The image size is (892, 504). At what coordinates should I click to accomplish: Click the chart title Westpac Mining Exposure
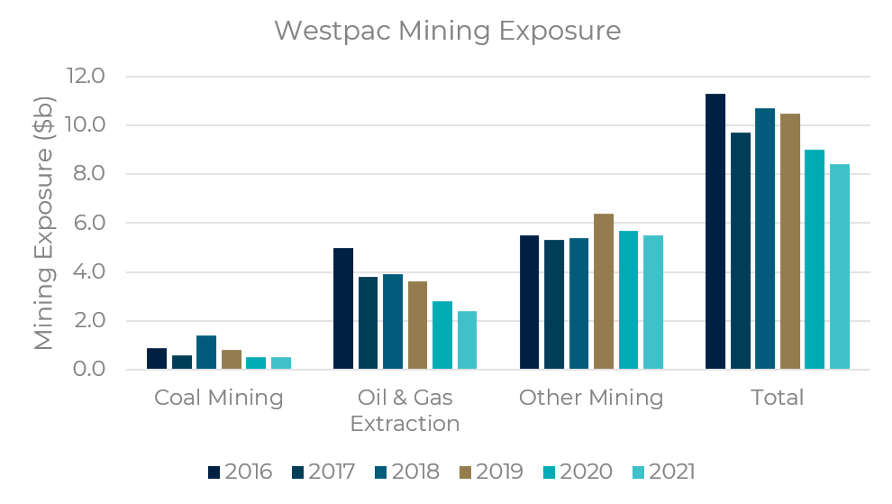448,31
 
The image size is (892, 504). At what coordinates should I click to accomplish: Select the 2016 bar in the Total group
715,232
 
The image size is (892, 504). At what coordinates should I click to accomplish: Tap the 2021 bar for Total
840,267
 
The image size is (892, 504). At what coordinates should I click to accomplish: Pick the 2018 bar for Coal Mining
206,353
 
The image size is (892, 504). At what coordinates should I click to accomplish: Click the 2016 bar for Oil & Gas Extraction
343,308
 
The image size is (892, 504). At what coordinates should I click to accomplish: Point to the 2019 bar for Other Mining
604,291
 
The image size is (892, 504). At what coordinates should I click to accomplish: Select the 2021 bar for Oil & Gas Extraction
467,340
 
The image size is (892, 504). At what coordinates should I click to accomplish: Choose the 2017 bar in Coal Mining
182,362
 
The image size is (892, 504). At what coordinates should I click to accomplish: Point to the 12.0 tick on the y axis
86,76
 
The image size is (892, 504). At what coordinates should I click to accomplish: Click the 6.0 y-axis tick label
86,223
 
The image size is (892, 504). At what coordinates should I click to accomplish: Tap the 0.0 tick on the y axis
86,370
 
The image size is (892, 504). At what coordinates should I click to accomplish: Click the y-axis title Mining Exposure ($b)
44,223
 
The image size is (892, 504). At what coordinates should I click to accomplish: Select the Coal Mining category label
219,398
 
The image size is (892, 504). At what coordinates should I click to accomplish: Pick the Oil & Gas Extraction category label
405,410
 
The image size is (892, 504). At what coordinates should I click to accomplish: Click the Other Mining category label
591,398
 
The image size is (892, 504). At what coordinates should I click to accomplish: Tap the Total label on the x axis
777,398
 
